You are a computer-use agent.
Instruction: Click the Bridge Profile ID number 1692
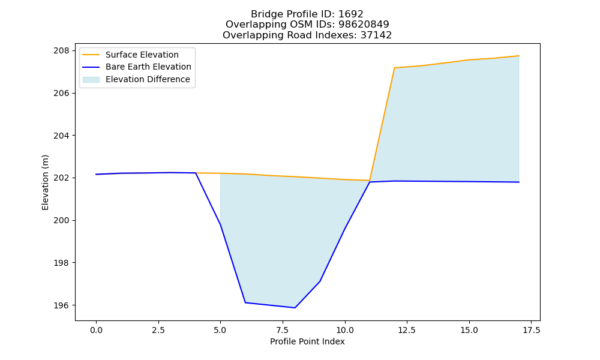350,14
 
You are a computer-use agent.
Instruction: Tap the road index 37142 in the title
376,35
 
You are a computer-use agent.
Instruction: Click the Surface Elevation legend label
142,55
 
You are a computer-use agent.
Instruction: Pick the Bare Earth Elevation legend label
148,67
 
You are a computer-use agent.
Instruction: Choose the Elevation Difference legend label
148,79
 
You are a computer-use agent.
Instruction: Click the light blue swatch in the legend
91,80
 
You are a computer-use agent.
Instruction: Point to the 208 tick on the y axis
62,51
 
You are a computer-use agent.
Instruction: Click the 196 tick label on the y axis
62,305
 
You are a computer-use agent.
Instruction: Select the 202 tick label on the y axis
62,178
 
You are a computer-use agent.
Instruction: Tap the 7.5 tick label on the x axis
283,330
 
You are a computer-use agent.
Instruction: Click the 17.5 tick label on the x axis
531,330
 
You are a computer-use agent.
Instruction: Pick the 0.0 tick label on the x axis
96,330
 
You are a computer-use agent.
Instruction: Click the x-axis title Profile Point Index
307,341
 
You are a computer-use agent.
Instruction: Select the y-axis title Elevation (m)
46,182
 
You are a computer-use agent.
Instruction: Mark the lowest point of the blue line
295,308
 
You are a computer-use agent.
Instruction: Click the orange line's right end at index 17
519,56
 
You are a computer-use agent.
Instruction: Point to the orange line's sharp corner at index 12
395,68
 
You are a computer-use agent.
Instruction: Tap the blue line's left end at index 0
96,175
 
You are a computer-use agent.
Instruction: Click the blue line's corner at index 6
245,302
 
